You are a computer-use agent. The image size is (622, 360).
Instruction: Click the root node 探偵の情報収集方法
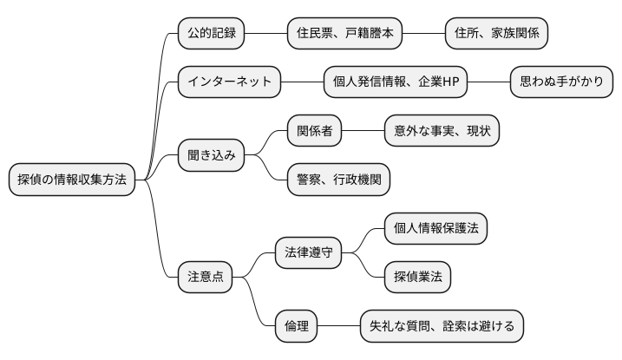click(x=72, y=180)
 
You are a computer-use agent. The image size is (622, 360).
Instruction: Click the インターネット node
click(x=229, y=82)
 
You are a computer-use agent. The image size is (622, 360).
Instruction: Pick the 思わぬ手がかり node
click(x=561, y=82)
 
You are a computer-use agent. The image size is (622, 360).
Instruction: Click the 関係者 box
click(x=314, y=131)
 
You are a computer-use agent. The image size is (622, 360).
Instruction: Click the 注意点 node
click(x=206, y=277)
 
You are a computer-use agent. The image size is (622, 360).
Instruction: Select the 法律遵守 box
click(x=307, y=252)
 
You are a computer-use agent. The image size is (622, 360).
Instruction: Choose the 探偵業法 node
click(x=417, y=277)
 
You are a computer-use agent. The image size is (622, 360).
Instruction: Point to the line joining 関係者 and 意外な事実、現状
click(x=363, y=131)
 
